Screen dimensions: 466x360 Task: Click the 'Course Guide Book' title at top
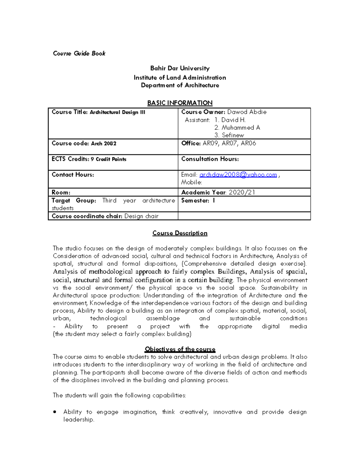click(79, 53)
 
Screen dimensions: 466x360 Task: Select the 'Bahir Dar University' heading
click(180, 68)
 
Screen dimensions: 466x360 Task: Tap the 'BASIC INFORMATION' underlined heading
click(180, 103)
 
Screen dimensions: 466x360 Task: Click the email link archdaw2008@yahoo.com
click(238, 175)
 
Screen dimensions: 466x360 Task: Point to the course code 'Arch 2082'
click(103, 143)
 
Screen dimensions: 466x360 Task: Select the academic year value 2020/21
click(242, 192)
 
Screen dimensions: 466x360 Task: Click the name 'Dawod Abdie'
click(247, 112)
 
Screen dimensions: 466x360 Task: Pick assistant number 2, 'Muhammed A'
click(241, 128)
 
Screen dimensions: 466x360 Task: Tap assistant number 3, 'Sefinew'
click(233, 135)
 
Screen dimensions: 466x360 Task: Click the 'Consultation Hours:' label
click(210, 159)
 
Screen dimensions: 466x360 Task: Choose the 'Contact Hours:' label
click(73, 175)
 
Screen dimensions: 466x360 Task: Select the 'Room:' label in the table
click(61, 192)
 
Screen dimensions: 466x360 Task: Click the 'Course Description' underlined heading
click(180, 233)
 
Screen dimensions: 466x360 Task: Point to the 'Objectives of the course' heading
click(180, 349)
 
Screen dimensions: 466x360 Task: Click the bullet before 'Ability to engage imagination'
click(55, 412)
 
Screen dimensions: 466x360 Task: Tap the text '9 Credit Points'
click(109, 159)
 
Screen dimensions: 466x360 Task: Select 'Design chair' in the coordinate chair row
click(141, 216)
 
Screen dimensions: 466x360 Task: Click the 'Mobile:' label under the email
click(191, 182)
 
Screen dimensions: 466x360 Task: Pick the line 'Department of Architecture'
click(180, 85)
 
